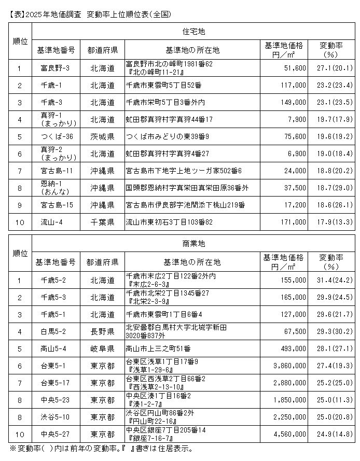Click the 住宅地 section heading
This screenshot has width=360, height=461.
coord(195,32)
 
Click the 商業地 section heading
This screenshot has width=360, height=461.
coord(195,243)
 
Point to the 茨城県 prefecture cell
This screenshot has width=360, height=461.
coord(102,136)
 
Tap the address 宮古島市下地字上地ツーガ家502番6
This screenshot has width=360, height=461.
coord(184,171)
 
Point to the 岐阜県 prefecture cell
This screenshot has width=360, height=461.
coord(102,347)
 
